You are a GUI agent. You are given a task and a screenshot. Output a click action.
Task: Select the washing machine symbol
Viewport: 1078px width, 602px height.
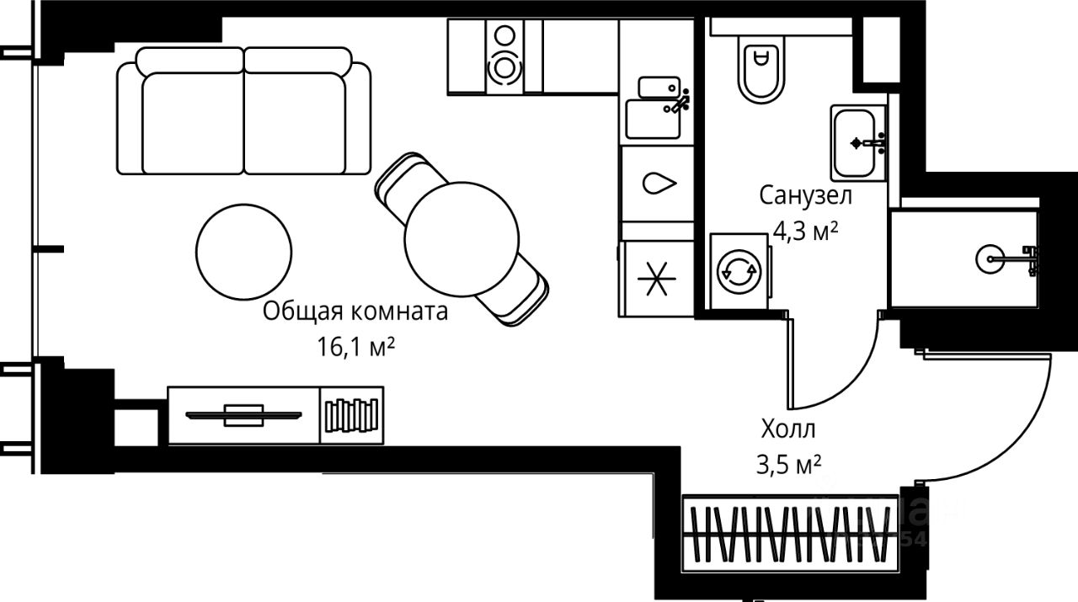coord(739,270)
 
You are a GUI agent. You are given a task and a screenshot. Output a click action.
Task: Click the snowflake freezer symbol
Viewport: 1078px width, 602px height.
coord(655,279)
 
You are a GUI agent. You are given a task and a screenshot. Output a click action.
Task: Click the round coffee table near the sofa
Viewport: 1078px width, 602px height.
coord(243,250)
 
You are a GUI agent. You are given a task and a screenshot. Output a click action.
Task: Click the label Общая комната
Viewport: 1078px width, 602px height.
coord(355,312)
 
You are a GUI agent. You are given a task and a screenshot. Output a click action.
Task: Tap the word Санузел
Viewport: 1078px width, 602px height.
coord(806,196)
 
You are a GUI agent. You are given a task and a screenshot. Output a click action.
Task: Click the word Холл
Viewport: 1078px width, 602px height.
coord(788,430)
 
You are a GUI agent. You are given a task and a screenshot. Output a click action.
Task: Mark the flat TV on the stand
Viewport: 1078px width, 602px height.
coord(243,414)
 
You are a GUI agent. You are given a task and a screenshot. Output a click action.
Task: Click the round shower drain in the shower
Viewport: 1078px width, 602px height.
coord(991,258)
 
